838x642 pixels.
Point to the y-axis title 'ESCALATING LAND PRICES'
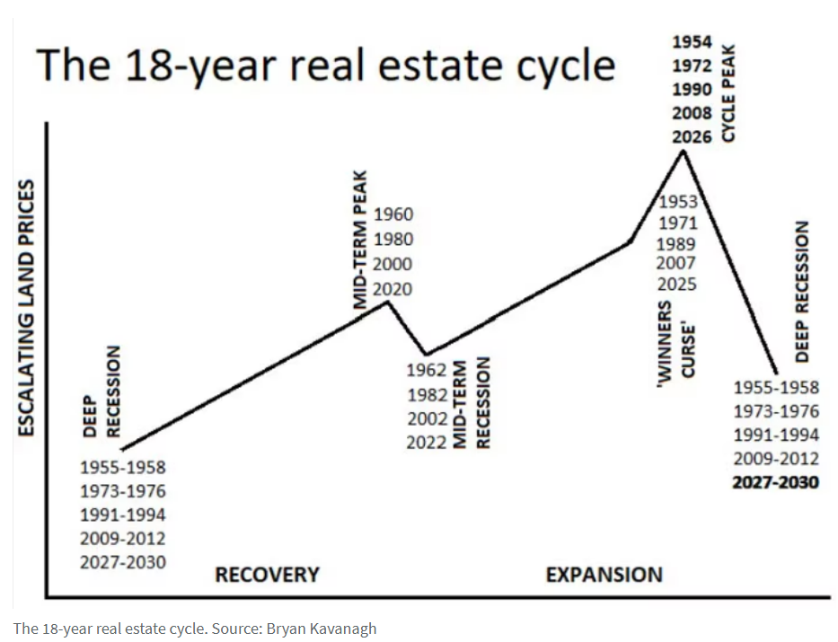point(27,308)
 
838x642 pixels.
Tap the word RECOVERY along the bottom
point(267,574)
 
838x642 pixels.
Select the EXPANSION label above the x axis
point(604,574)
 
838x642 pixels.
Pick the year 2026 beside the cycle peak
point(692,136)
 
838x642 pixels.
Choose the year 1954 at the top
point(692,42)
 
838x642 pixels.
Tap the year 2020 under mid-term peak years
point(393,289)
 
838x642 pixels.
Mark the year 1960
point(393,215)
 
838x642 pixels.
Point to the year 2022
point(427,442)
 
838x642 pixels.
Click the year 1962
point(427,370)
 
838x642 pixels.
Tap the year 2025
point(676,285)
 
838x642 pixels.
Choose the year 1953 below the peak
point(678,202)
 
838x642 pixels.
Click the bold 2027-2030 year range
point(776,482)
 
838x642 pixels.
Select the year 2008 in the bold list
point(692,113)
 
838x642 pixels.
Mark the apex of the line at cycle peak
point(684,151)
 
